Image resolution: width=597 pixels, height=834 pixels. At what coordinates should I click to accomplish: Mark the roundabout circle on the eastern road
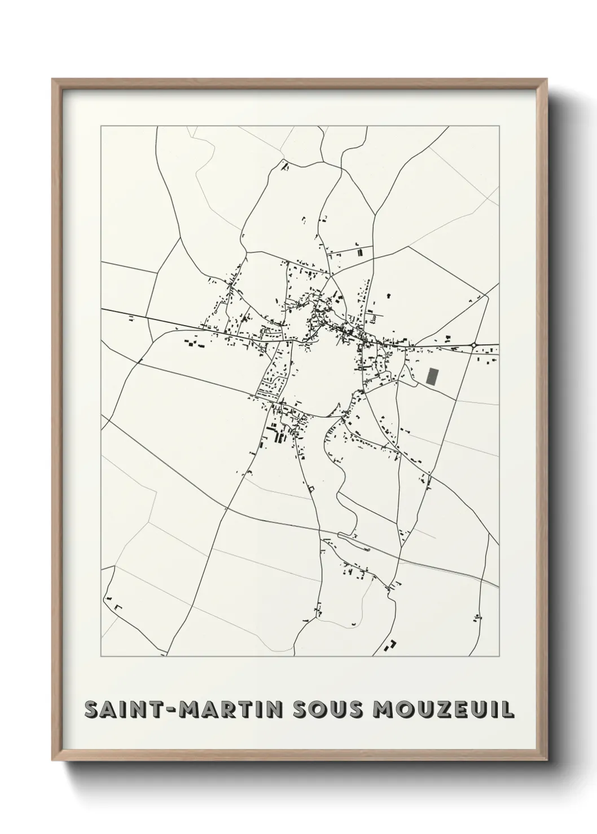point(474,345)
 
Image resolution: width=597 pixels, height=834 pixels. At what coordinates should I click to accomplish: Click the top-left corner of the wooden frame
point(53,79)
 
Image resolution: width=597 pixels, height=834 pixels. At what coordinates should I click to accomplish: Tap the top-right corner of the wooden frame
point(546,79)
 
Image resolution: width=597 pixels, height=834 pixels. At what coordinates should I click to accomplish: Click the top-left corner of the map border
point(101,126)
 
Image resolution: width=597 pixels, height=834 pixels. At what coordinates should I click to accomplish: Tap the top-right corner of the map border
point(499,126)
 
